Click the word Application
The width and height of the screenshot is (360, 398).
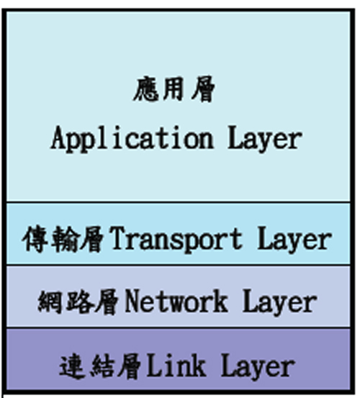[132, 139]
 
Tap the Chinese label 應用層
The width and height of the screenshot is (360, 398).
[174, 89]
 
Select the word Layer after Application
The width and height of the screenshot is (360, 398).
[265, 139]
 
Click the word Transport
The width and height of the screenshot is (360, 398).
[176, 240]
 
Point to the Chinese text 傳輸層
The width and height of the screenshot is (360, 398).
[63, 240]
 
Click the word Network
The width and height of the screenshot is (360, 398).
[176, 302]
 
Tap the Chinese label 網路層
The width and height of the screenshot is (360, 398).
[78, 302]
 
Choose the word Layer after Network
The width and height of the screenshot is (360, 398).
[280, 302]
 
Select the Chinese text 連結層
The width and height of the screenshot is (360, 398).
[100, 366]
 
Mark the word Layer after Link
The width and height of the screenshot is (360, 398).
[258, 366]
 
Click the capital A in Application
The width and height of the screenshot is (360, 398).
[58, 137]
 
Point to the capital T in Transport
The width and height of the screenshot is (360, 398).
[117, 238]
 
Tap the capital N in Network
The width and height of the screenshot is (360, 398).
[133, 301]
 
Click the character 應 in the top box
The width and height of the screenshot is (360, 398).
[145, 89]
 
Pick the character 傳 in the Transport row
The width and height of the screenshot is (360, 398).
[35, 240]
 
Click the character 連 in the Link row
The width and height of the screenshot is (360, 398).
[72, 366]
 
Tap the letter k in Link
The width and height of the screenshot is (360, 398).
[199, 365]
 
